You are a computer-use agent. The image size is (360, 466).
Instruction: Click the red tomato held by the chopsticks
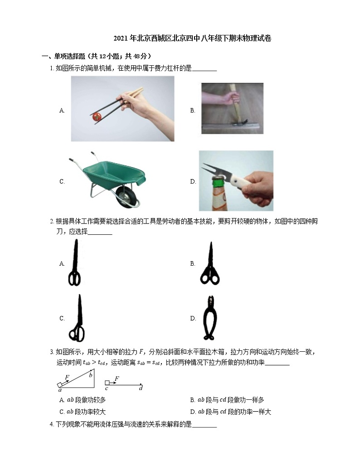click(x=97, y=117)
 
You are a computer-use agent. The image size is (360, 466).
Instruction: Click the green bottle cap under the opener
click(x=218, y=180)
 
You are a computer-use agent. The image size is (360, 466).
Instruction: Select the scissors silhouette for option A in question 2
click(x=75, y=263)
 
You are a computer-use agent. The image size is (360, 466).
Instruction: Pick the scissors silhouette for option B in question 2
click(x=210, y=264)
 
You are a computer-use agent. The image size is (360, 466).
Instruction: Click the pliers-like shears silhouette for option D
click(x=210, y=318)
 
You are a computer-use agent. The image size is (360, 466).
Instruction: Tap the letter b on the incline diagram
click(x=90, y=375)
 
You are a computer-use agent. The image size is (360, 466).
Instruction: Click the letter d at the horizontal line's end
click(x=141, y=388)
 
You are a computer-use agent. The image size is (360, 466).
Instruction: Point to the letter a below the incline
click(x=60, y=390)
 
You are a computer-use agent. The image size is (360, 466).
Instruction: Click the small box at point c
click(x=107, y=383)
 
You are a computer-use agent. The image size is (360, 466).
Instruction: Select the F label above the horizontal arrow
click(x=117, y=379)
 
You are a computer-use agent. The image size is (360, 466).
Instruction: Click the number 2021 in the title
click(x=120, y=39)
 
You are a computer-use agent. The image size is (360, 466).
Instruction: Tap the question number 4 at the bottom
click(x=51, y=424)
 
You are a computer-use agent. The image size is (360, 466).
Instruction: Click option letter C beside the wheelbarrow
click(x=62, y=181)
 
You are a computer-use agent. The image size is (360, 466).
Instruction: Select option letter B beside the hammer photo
click(x=193, y=110)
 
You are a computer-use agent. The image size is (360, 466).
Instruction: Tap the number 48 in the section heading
click(x=136, y=56)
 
